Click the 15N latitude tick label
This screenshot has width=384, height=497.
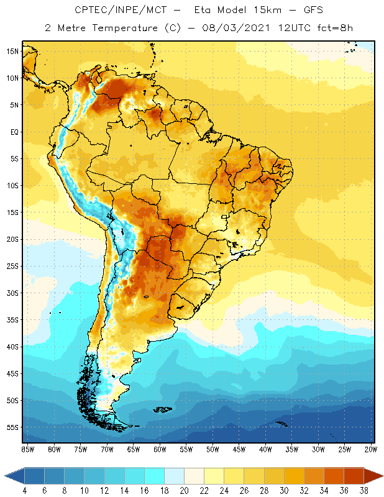pos(12,51)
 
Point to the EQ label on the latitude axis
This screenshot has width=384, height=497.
pos(13,132)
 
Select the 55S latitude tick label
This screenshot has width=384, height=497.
pos(12,427)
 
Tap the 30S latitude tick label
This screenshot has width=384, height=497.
pos(12,293)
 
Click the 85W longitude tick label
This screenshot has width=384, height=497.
pos(27,449)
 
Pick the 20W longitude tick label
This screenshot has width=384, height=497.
pos(370,449)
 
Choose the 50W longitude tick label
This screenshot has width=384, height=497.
pos(213,449)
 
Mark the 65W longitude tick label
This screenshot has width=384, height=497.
pos(133,449)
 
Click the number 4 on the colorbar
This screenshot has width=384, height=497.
pos(25,491)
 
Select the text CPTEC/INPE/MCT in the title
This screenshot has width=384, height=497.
pos(113,11)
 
